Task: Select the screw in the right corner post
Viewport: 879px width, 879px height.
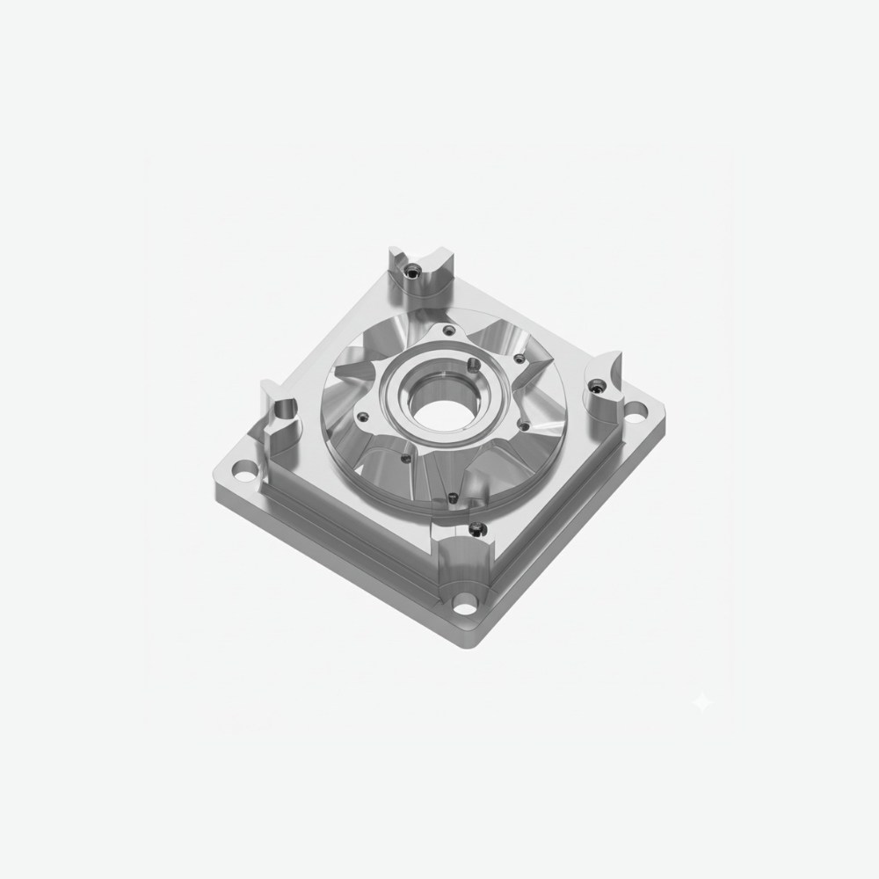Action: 598,385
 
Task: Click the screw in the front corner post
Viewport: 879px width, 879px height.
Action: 476,529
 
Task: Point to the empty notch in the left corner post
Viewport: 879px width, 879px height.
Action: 287,411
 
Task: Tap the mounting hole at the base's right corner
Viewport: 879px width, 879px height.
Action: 632,410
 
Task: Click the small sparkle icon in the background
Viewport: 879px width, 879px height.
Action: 702,701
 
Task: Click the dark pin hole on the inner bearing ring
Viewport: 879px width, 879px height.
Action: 472,363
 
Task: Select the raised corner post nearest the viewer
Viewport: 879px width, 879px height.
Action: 466,549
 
